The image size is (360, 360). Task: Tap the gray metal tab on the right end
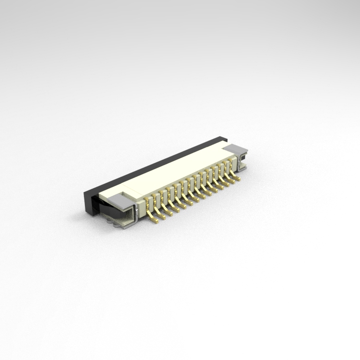235,148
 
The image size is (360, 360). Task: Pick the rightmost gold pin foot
238,180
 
